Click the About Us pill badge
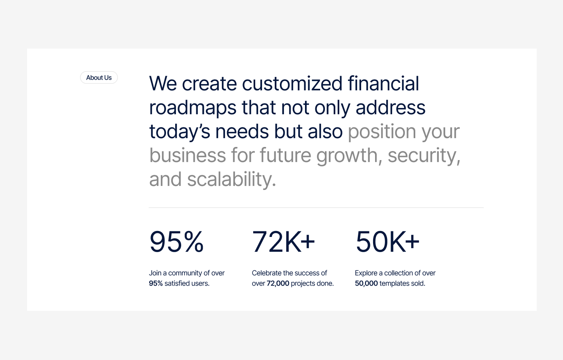click(99, 78)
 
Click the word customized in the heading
click(292, 84)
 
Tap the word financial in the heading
click(383, 84)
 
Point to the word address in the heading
click(390, 108)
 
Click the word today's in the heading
click(180, 132)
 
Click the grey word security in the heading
click(422, 156)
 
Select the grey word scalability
click(231, 180)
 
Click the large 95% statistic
click(176, 242)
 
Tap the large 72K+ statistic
click(283, 242)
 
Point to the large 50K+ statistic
click(387, 242)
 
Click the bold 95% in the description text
click(156, 284)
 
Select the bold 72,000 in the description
click(278, 284)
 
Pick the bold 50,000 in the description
click(366, 284)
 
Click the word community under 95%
click(185, 273)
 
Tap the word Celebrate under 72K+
click(266, 273)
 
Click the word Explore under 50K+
click(366, 273)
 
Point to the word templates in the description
click(394, 284)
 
